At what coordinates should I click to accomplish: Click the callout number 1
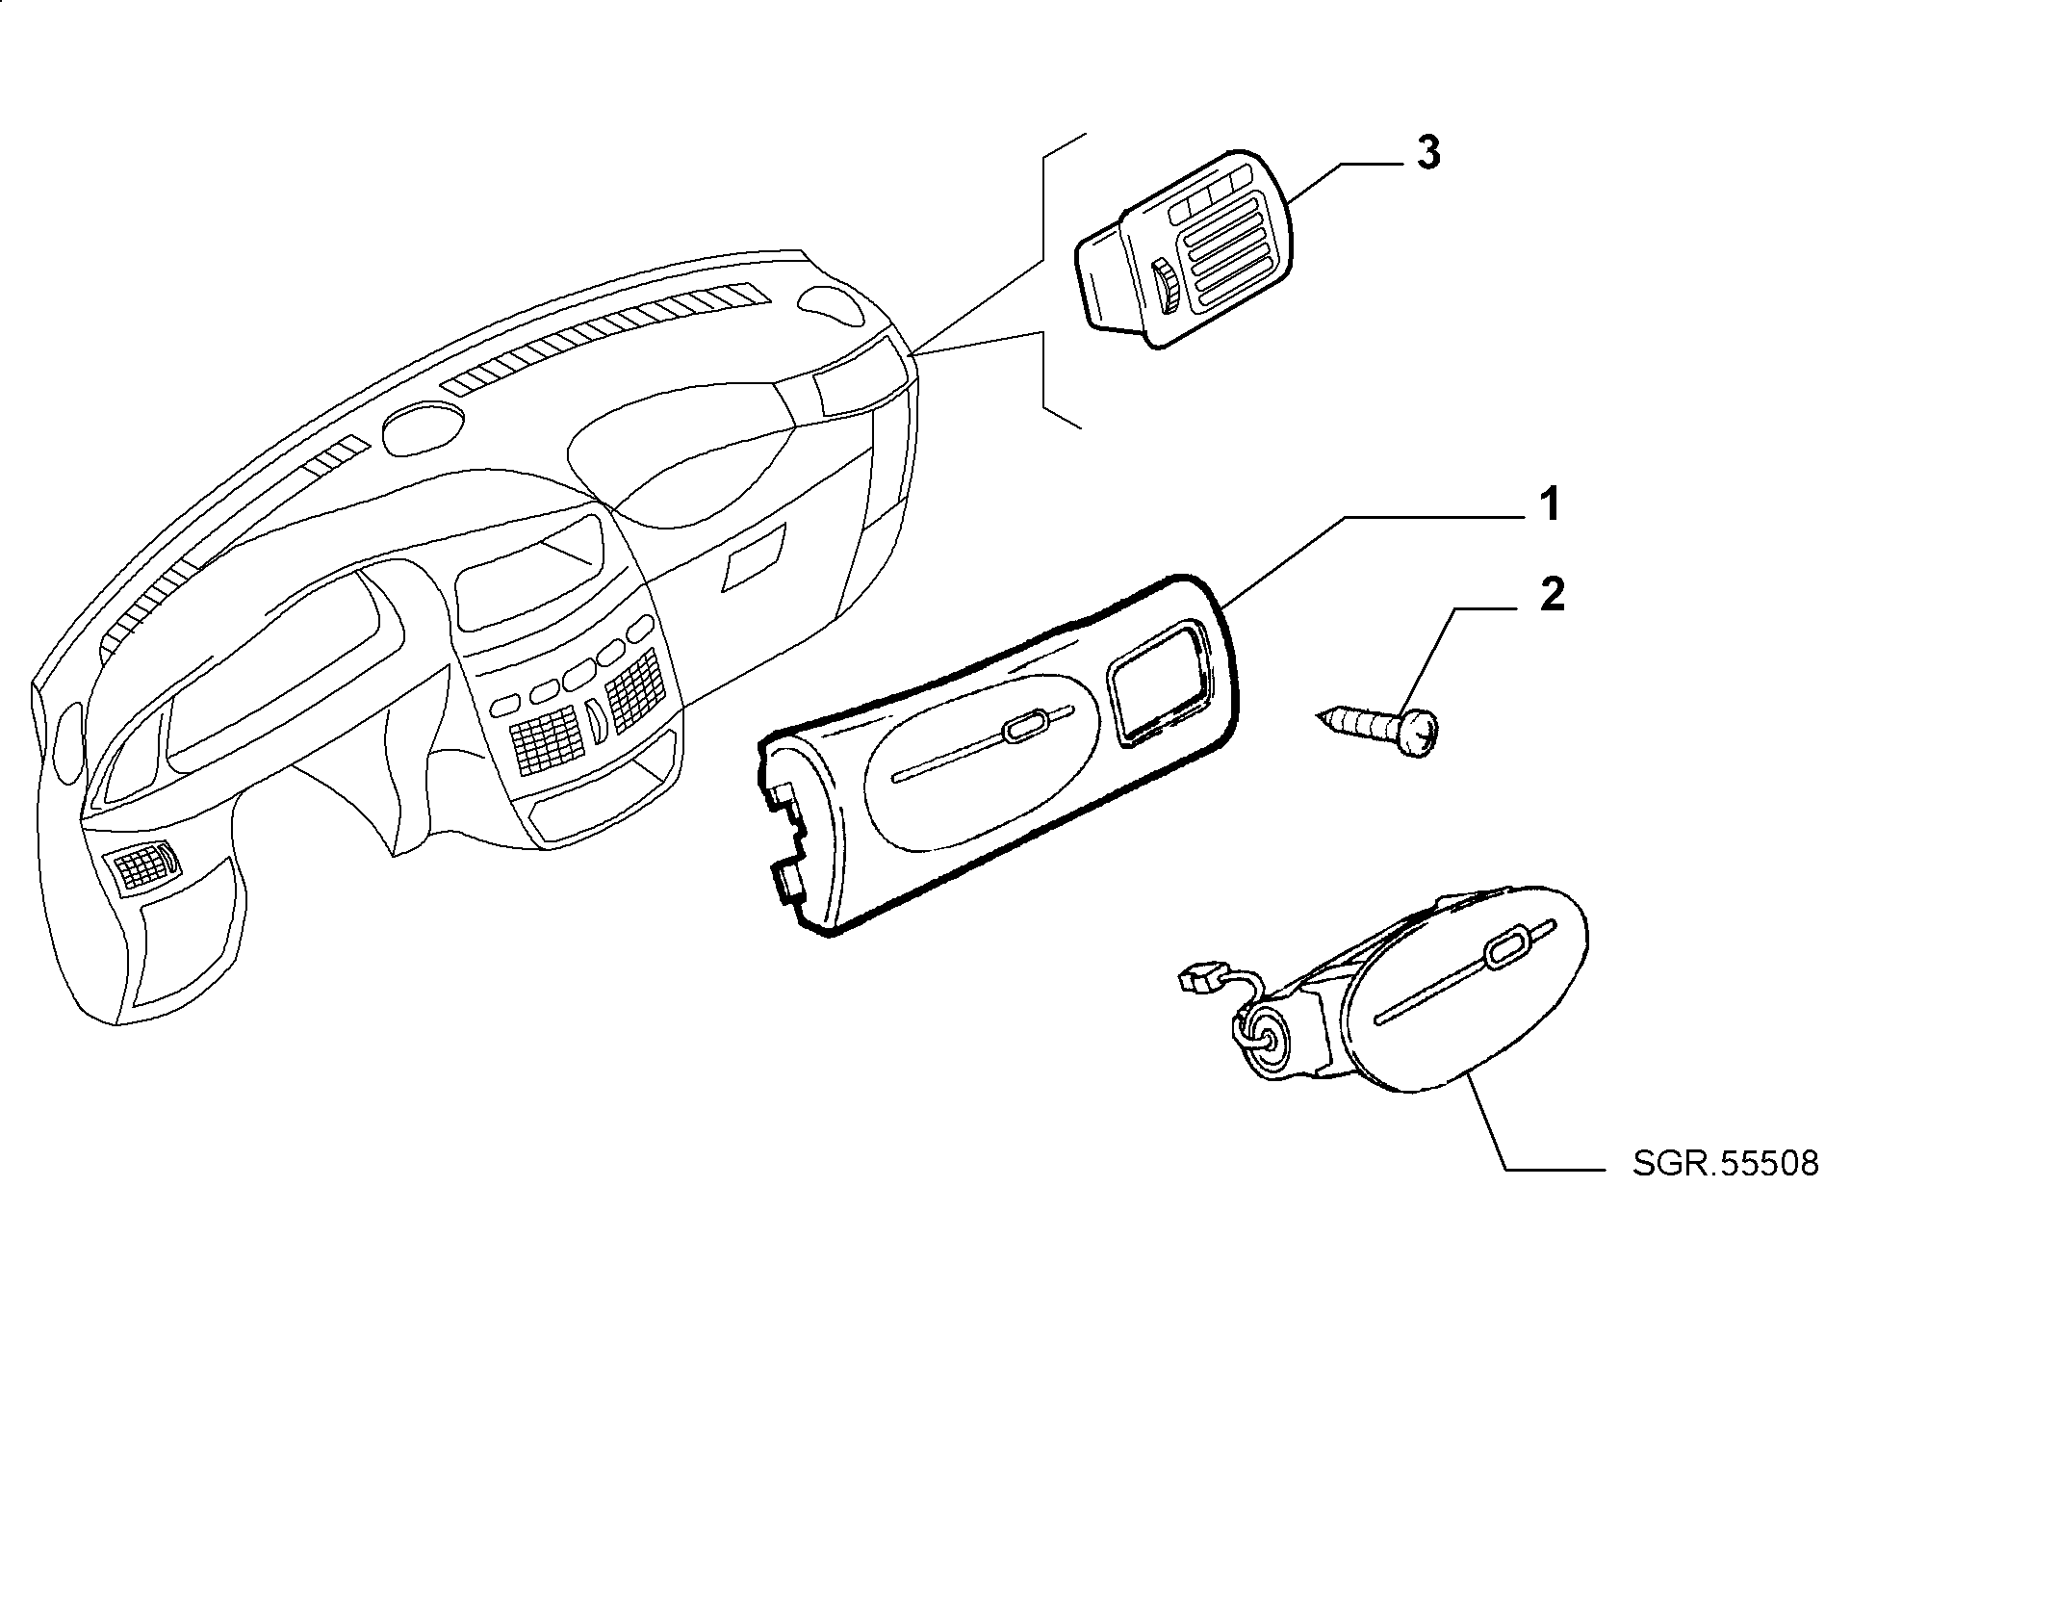pos(1547,505)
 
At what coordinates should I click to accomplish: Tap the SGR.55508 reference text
pos(1725,1164)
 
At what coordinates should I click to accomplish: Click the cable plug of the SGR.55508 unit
pos(1193,983)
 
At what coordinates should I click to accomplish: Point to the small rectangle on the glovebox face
pos(755,563)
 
